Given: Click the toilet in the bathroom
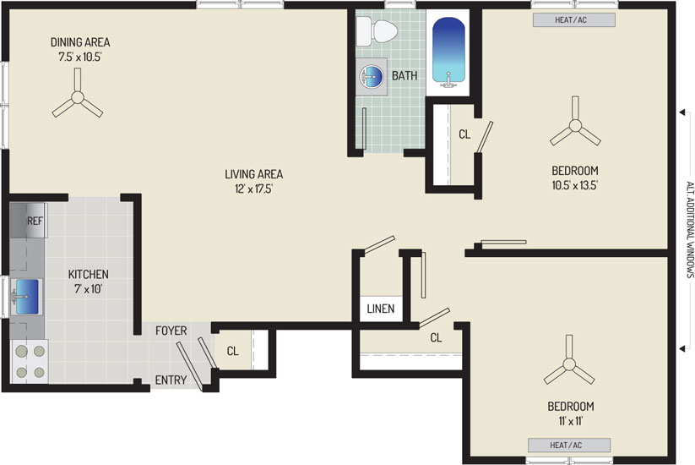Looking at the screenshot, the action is pyautogui.click(x=377, y=31).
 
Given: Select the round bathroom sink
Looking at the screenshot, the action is pyautogui.click(x=372, y=76).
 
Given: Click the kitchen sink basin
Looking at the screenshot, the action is pyautogui.click(x=26, y=297).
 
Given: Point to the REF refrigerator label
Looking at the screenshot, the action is pyautogui.click(x=35, y=221).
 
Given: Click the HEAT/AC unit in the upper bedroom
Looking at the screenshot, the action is pyautogui.click(x=574, y=20).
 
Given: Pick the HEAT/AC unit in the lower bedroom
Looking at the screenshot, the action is pyautogui.click(x=569, y=445).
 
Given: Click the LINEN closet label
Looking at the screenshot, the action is pyautogui.click(x=381, y=309).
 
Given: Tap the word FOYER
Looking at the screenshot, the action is pyautogui.click(x=171, y=331).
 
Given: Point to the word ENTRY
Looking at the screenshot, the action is pyautogui.click(x=171, y=380).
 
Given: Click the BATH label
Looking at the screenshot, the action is pyautogui.click(x=405, y=76).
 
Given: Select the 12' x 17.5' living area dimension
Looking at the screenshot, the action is pyautogui.click(x=253, y=189).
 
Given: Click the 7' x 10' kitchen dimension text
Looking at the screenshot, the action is pyautogui.click(x=88, y=289).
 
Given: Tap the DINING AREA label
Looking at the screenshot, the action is pyautogui.click(x=80, y=42).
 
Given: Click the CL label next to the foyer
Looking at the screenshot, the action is pyautogui.click(x=233, y=352).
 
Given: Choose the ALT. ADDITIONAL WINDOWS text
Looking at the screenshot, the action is pyautogui.click(x=690, y=229).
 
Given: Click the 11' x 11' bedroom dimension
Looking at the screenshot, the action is pyautogui.click(x=571, y=421).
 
